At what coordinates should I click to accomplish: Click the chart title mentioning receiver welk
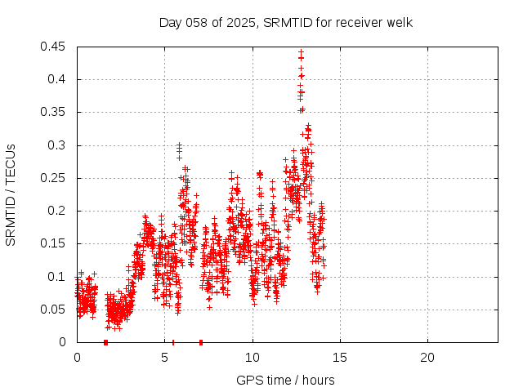click(x=286, y=22)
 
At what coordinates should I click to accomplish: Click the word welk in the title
click(x=399, y=22)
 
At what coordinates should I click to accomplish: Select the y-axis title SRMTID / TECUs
click(x=11, y=194)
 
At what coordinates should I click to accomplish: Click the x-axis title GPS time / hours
click(x=285, y=380)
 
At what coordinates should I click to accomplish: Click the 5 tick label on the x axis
click(x=164, y=358)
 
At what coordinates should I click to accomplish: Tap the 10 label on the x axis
click(x=253, y=358)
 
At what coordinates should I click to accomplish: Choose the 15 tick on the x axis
click(x=340, y=358)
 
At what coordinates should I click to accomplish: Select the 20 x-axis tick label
click(x=427, y=358)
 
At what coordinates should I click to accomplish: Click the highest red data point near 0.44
click(x=301, y=52)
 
